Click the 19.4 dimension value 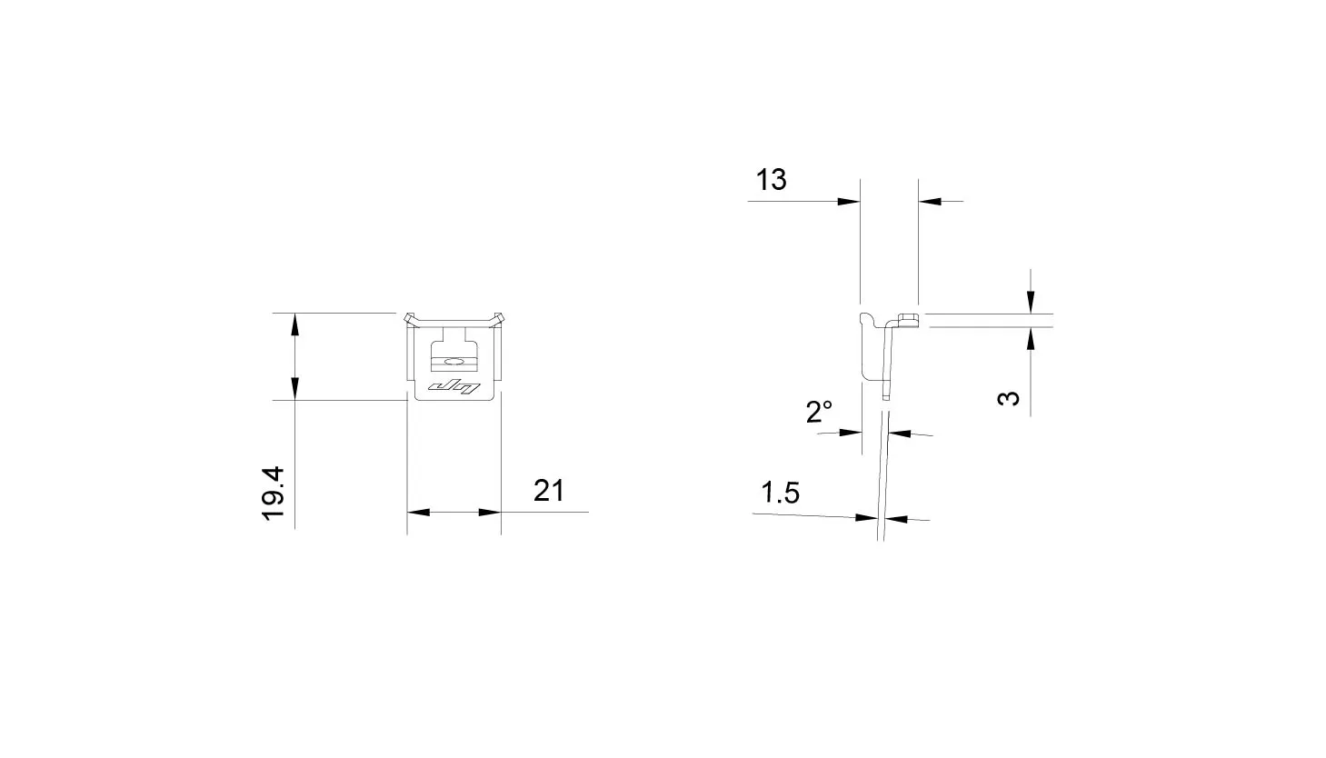[x=274, y=494]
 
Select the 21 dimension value [x=549, y=490]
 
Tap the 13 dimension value [x=771, y=179]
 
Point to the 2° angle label [x=819, y=412]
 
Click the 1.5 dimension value [x=780, y=493]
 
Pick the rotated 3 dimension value [x=1009, y=398]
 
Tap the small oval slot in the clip [x=454, y=361]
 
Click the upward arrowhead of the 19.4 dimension [x=294, y=324]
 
